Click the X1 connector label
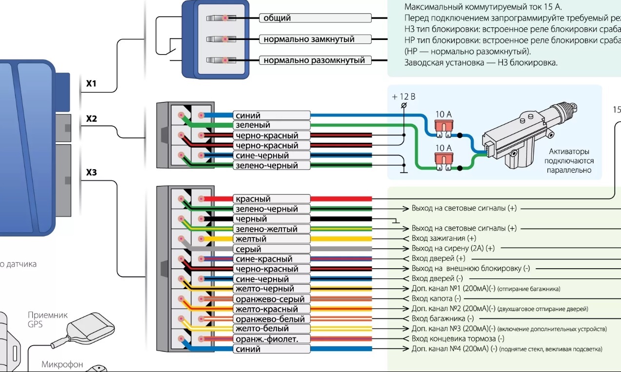tap(91, 84)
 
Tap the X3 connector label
tap(91, 172)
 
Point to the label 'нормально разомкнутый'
tap(315, 60)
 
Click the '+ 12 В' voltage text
tap(403, 97)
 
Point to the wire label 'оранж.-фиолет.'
tap(272, 339)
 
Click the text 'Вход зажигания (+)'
tap(443, 238)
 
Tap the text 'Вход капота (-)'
tap(436, 298)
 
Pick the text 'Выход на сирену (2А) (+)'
tap(453, 248)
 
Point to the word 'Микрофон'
tap(62, 364)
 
